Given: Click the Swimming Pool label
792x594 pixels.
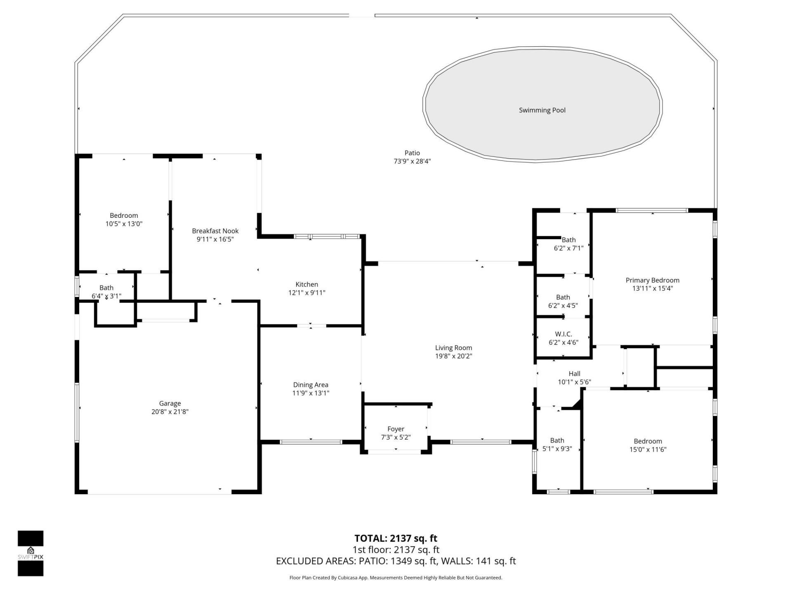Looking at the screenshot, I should [x=542, y=110].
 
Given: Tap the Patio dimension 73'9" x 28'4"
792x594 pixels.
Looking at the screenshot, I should [x=412, y=161].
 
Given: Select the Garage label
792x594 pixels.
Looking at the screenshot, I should [x=170, y=403].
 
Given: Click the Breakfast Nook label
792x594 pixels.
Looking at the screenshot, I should [x=215, y=231].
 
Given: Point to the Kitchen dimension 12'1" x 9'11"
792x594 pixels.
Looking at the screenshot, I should [x=306, y=293].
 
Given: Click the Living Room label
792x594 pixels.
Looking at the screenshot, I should [x=453, y=348].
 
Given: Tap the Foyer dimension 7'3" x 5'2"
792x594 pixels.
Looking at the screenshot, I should [x=396, y=437].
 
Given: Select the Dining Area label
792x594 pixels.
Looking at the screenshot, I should [x=311, y=385].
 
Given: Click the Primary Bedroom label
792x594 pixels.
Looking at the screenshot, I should [x=652, y=280].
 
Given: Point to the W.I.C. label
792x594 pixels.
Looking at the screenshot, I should [x=563, y=334].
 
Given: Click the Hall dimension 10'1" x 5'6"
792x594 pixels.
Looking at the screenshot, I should [x=574, y=382].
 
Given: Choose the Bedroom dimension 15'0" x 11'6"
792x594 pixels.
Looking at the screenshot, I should [x=648, y=450].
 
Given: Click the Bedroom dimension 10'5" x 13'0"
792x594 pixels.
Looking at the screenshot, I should [x=124, y=224].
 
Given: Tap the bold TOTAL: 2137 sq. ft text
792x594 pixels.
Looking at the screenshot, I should [x=396, y=538].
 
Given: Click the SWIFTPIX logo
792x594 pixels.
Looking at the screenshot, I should [x=31, y=553].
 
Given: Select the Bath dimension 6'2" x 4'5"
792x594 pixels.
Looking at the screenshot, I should [x=563, y=306].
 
